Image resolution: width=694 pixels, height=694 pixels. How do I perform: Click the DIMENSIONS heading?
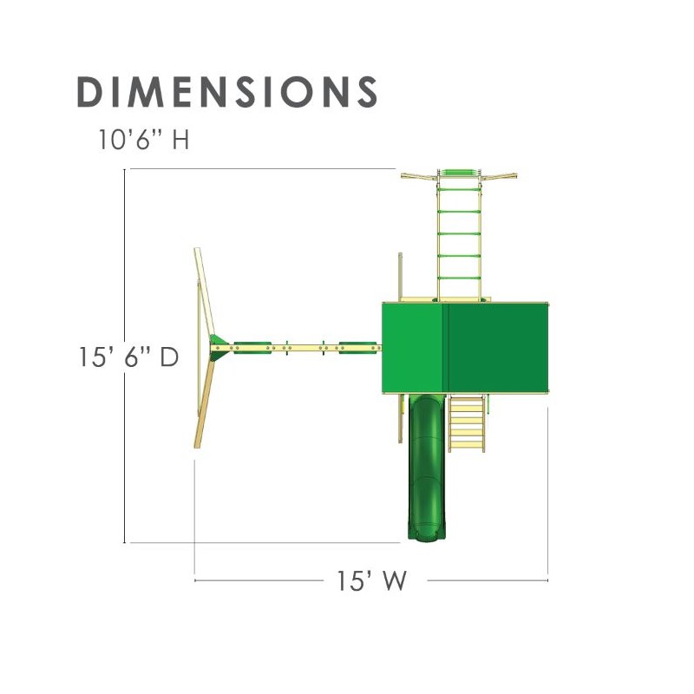point(227,92)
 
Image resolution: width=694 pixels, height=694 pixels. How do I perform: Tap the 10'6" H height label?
point(144,140)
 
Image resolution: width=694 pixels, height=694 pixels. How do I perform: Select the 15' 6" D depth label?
point(128,357)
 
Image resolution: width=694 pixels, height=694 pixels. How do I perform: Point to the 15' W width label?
point(371,580)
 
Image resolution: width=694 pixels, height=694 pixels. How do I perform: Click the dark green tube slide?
point(426,468)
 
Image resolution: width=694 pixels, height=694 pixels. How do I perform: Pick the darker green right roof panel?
point(498,348)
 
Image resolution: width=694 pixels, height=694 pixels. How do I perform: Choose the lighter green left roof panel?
point(416,348)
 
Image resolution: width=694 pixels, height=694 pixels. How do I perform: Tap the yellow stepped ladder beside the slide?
point(467,423)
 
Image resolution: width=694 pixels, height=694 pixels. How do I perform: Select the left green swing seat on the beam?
point(252,348)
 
